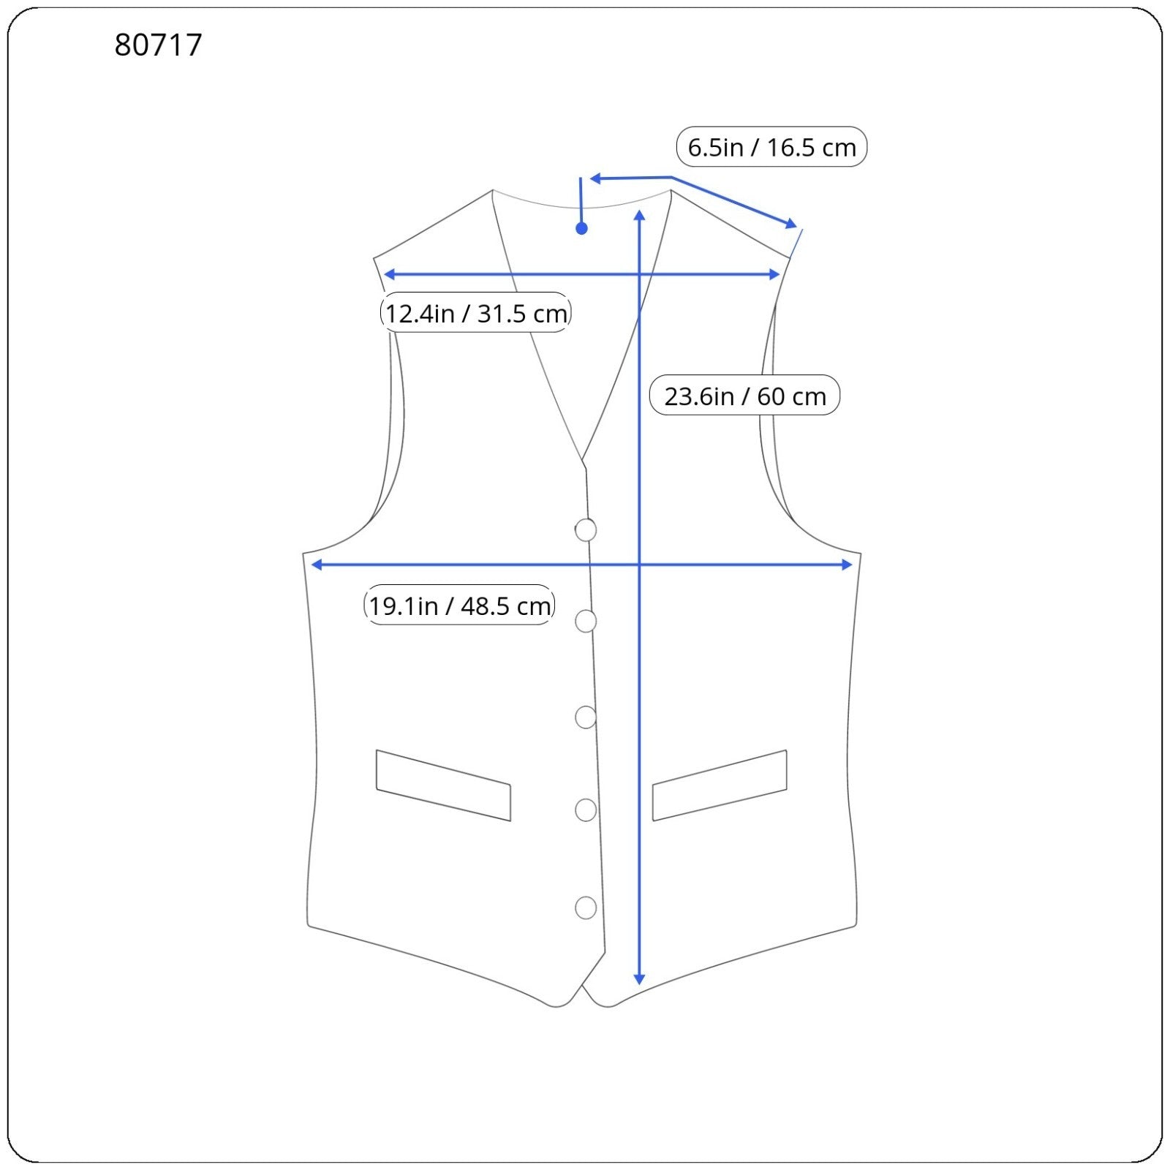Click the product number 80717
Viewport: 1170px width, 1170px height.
pyautogui.click(x=158, y=45)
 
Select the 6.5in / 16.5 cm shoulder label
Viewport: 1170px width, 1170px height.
pyautogui.click(x=771, y=147)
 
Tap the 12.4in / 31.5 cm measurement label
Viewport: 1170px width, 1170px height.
pyautogui.click(x=475, y=313)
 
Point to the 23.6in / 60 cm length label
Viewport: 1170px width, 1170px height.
pyautogui.click(x=744, y=396)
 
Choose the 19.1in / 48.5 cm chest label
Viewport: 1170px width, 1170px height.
pyautogui.click(x=459, y=605)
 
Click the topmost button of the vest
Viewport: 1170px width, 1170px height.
pyautogui.click(x=586, y=529)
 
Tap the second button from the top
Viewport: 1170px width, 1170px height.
pyautogui.click(x=586, y=621)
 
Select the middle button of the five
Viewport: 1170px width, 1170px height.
pyautogui.click(x=586, y=717)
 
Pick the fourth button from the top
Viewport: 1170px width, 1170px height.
pyautogui.click(x=586, y=810)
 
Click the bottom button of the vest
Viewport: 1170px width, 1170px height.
pyautogui.click(x=586, y=907)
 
